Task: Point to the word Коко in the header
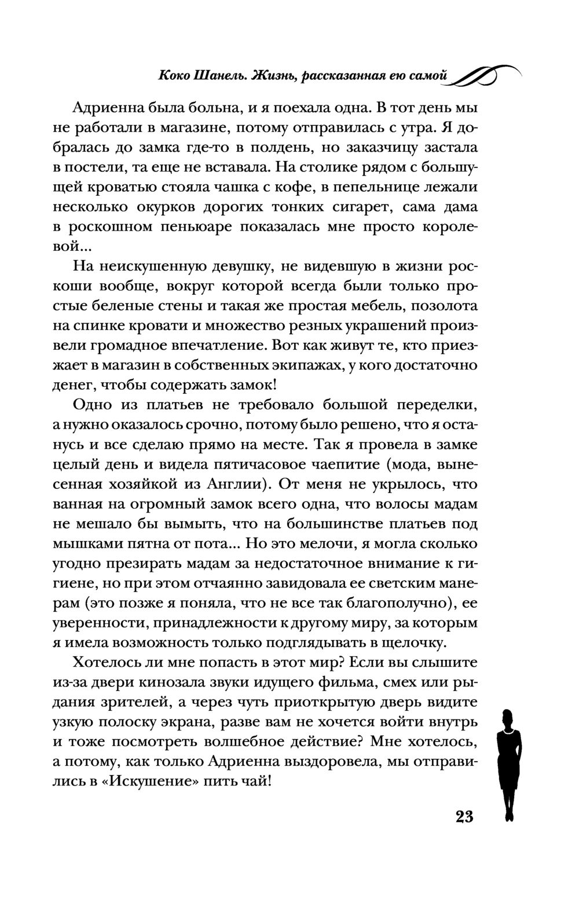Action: click(x=175, y=75)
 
